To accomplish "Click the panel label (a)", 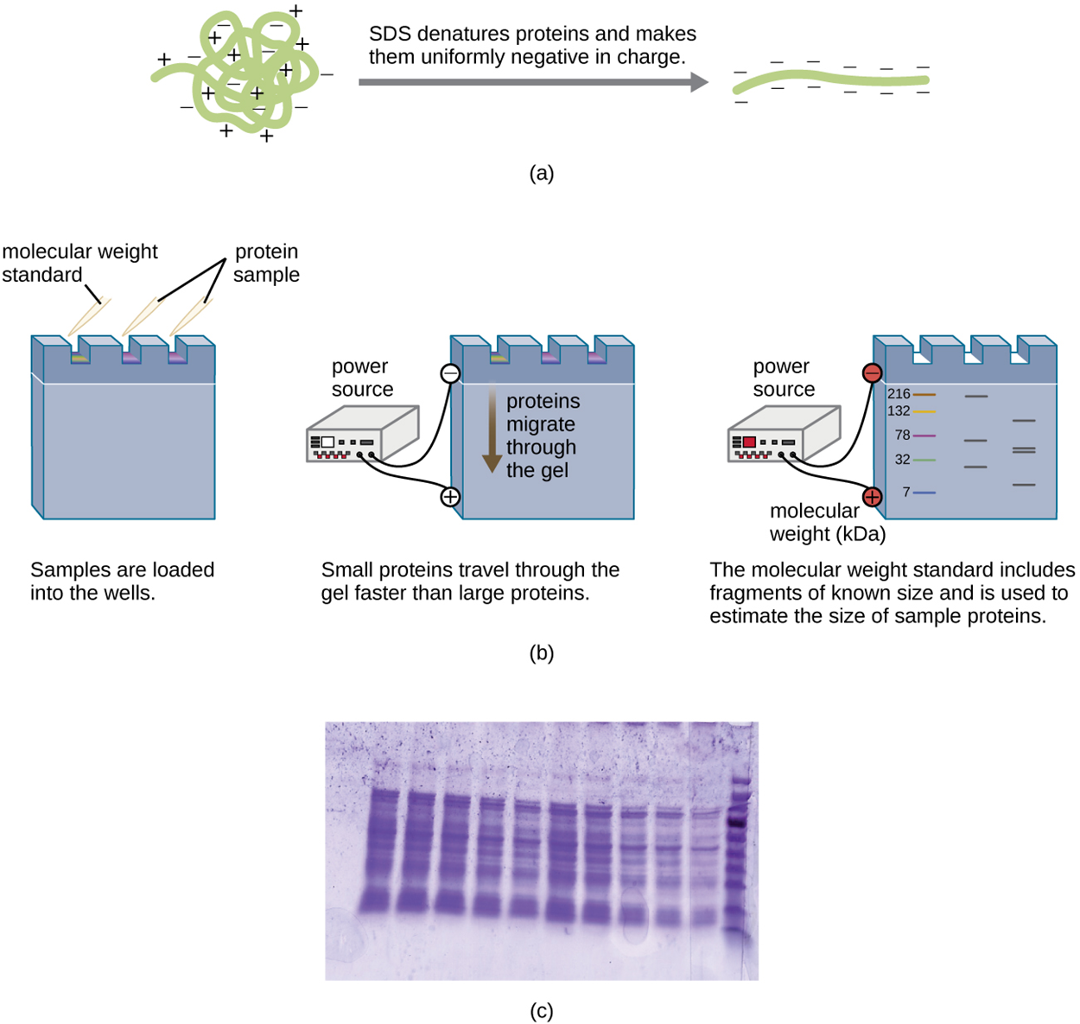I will pyautogui.click(x=541, y=173).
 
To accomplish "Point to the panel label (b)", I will pyautogui.click(x=541, y=652).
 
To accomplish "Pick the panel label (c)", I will pyautogui.click(x=541, y=1010).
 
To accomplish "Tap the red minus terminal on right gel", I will pyautogui.click(x=872, y=373).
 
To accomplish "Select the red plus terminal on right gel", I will pyautogui.click(x=872, y=497).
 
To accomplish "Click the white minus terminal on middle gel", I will pyautogui.click(x=450, y=373).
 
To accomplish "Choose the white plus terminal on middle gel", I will pyautogui.click(x=450, y=497).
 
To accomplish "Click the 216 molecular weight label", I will pyautogui.click(x=899, y=394).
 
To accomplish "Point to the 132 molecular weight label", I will pyautogui.click(x=899, y=411).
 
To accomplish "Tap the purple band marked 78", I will pyautogui.click(x=924, y=436).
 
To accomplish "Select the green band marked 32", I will pyautogui.click(x=924, y=460).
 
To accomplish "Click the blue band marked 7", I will pyautogui.click(x=924, y=493).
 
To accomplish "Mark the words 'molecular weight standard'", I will pyautogui.click(x=79, y=263).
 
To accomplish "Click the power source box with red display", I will pyautogui.click(x=782, y=436).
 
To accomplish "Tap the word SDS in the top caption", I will pyautogui.click(x=389, y=35).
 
